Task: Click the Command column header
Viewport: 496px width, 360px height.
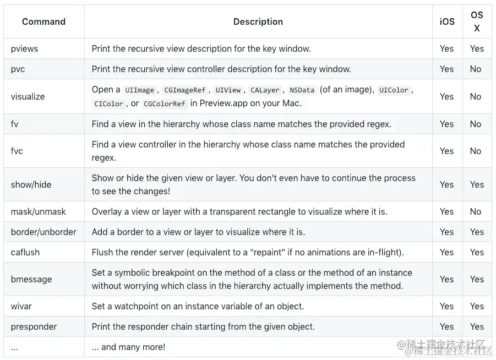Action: click(x=43, y=22)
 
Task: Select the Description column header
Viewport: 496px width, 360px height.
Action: click(x=258, y=22)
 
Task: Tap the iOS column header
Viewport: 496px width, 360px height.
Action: click(x=447, y=22)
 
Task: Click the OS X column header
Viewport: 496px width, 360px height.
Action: click(x=477, y=21)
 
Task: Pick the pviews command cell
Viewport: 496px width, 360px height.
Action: click(x=25, y=48)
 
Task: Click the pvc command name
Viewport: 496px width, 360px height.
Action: click(x=18, y=69)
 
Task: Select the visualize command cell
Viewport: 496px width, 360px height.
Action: click(x=28, y=96)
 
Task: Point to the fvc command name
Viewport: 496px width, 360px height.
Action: click(x=17, y=151)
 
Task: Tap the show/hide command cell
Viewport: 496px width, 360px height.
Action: click(x=31, y=184)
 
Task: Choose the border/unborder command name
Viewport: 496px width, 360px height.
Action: click(x=43, y=232)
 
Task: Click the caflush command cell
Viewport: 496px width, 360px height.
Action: click(x=25, y=252)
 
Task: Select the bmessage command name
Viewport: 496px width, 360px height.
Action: click(x=31, y=279)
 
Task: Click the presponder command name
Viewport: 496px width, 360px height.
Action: click(x=34, y=326)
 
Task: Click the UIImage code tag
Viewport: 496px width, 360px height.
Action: click(x=139, y=90)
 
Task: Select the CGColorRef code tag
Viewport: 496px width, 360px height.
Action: click(x=165, y=103)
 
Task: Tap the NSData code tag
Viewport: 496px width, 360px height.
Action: click(x=302, y=90)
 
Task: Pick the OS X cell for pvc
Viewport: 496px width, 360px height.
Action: click(x=476, y=69)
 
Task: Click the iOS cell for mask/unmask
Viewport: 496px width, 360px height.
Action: click(x=446, y=211)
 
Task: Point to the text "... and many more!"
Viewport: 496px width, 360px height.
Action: click(x=128, y=347)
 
